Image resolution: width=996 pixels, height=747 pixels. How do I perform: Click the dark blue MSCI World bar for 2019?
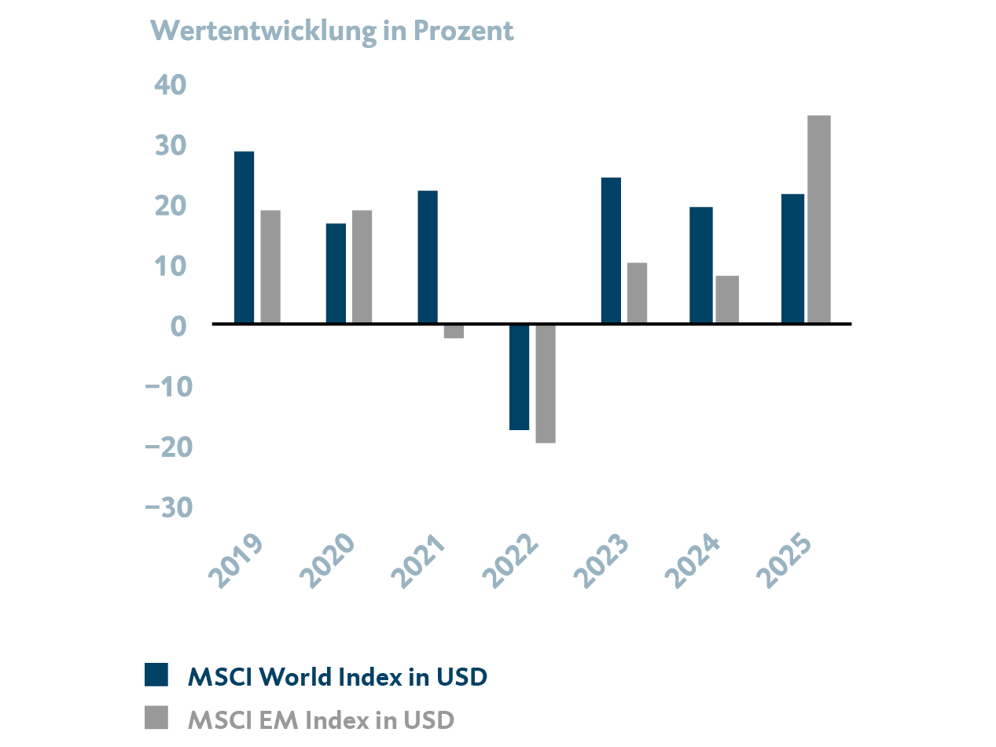pos(244,237)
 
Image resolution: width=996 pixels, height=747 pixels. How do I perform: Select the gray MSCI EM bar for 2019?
pos(270,267)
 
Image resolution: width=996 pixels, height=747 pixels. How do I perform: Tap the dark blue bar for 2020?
pos(336,273)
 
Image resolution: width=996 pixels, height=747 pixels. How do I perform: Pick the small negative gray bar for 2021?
pos(454,331)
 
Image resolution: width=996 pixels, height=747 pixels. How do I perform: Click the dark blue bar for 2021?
pos(428,256)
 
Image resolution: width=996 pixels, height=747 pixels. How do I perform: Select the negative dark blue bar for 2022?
pos(519,377)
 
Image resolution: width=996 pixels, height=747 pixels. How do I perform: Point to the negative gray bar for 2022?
pos(546,383)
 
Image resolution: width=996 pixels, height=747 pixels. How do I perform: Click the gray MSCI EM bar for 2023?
pos(637,293)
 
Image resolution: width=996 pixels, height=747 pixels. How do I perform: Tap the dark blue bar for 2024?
pos(701,265)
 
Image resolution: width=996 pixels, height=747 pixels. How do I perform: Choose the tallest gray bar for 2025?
pos(819,219)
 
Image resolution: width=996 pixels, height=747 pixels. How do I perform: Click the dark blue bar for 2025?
pos(792,258)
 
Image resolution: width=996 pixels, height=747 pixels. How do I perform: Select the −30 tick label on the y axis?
pos(167,507)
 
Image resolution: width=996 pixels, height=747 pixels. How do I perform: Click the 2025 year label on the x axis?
pos(786,563)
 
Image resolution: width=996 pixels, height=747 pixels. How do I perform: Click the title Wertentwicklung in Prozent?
pos(332,30)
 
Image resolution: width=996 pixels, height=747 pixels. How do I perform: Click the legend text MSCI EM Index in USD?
pos(321,719)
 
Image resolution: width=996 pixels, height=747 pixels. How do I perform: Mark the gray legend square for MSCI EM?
pos(156,718)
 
